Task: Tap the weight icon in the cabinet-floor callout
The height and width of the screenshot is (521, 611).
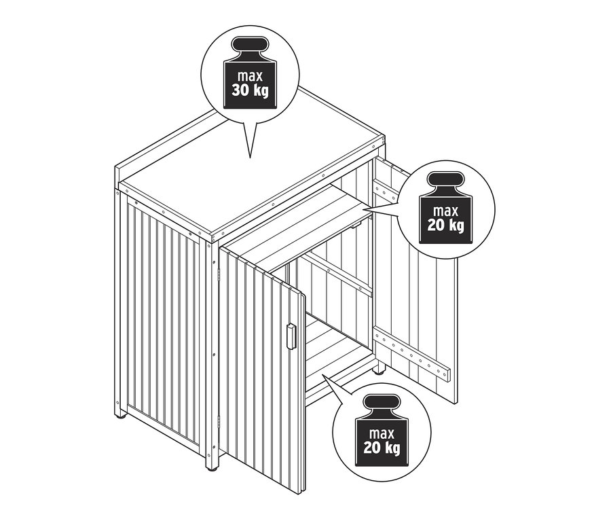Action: [x=381, y=430]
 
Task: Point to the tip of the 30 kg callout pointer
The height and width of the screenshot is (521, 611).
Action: [x=250, y=158]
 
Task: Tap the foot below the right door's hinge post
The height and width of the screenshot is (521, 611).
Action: [x=379, y=370]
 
